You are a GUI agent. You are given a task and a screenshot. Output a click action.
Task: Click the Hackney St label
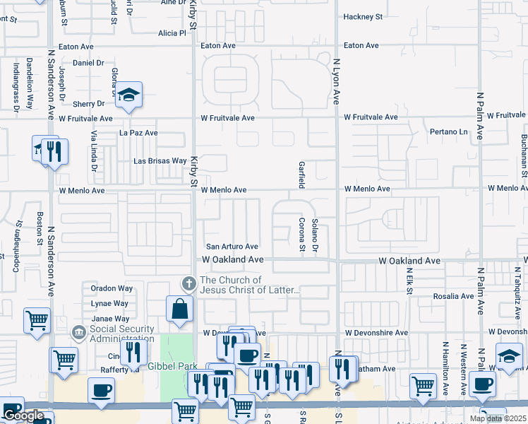coord(362,16)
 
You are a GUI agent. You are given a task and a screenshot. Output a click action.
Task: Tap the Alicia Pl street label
coord(172,33)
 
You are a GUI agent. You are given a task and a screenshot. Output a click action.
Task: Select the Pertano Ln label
coord(448,132)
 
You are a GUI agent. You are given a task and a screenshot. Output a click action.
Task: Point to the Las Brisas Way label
coord(160,161)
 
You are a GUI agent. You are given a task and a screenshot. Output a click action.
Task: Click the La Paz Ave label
coord(138,132)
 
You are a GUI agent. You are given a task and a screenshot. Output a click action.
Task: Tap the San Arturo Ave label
coord(232,247)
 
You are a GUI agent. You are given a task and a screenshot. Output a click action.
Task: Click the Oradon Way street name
coord(112,288)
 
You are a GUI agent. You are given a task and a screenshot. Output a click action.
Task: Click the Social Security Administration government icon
coord(79,331)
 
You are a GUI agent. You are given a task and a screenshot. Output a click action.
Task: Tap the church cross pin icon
coord(188,284)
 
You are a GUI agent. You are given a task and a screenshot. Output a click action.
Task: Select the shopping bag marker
coord(180,308)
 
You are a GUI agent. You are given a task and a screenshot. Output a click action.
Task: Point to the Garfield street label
coord(301,174)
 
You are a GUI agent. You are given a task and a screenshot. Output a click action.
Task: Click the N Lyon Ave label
coord(337,82)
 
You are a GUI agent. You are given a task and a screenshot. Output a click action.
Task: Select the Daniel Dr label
coord(88,63)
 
